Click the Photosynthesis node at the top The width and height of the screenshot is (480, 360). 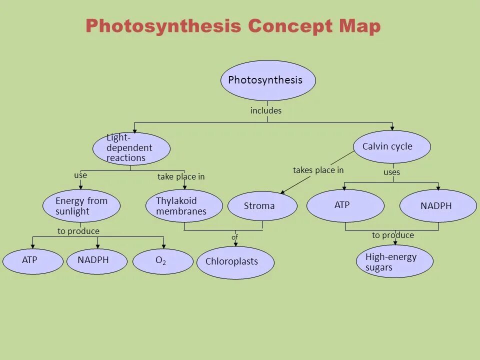point(268,80)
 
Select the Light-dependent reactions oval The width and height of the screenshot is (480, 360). point(131,148)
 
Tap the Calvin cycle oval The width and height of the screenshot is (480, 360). point(391,146)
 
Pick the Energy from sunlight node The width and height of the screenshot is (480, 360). point(81,206)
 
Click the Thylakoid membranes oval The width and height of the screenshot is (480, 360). point(184,206)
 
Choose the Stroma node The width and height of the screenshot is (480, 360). point(262,206)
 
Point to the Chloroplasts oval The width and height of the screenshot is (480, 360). point(235,262)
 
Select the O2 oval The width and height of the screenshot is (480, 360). point(162,261)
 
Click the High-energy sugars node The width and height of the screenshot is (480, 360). point(394,261)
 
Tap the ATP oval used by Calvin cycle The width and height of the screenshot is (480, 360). point(345,205)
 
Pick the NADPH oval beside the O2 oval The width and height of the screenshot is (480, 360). point(96,261)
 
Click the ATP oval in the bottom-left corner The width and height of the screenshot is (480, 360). point(33,261)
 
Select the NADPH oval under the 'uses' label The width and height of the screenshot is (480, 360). point(438,205)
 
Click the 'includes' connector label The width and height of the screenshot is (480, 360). point(266,110)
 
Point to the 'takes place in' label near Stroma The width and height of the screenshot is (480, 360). point(318,170)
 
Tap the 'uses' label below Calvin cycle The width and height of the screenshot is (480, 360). point(391,172)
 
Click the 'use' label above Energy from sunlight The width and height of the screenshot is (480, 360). point(80,175)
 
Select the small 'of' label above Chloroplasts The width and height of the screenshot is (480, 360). point(234,237)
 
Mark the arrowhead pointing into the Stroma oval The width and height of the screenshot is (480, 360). point(282,192)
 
